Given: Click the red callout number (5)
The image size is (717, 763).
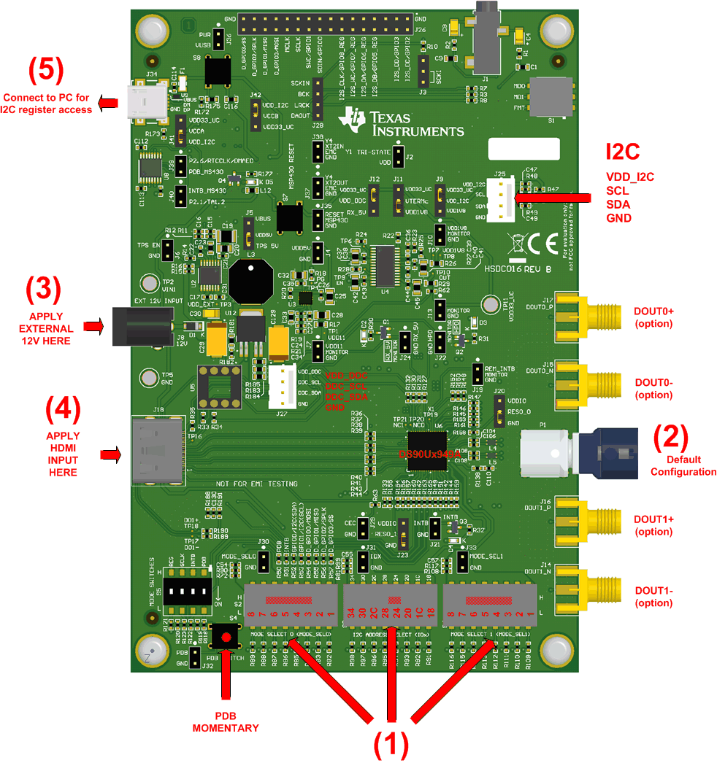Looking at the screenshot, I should pos(46,71).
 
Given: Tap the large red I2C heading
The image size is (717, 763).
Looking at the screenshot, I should pos(623,151).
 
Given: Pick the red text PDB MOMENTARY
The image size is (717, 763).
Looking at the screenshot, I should pos(226,722).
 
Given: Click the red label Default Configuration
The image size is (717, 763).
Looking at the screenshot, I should pos(683,465).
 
